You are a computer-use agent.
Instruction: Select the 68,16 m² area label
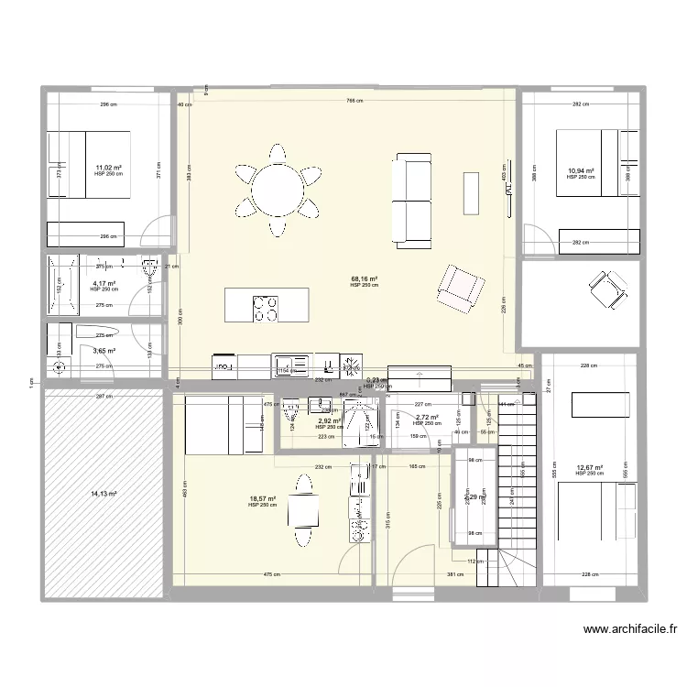click(x=364, y=280)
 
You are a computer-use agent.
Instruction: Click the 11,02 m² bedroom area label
click(x=108, y=169)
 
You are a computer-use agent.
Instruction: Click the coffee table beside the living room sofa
click(x=471, y=191)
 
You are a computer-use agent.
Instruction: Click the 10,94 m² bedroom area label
click(x=580, y=171)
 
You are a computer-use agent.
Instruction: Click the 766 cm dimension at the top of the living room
click(x=349, y=101)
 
